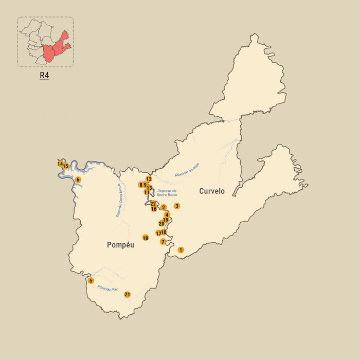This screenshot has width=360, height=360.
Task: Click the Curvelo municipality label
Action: pos(212,191)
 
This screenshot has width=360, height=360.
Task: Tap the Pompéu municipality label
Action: pos(120,245)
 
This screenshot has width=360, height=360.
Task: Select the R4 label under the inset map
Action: pos(45,75)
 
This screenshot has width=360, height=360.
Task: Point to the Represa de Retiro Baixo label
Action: pos(167,193)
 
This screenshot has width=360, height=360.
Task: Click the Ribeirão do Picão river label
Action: pos(187,170)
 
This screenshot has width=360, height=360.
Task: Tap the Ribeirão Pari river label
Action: pos(108,289)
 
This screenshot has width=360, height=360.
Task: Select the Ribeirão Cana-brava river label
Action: pos(119,200)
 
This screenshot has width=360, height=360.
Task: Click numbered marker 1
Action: pos(181,250)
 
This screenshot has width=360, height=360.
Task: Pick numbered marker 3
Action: pos(177,206)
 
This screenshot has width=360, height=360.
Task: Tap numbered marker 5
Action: pos(91,281)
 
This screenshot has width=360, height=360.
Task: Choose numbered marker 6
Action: pos(78,179)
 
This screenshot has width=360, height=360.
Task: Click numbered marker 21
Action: pos(127,295)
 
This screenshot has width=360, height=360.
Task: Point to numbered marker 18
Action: pos(146,238)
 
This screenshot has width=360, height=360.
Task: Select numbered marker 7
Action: pos(163,242)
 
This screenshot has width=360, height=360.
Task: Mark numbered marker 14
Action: pos(60,164)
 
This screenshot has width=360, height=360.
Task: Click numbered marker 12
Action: pos(149,179)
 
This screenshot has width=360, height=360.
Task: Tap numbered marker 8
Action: pos(140,185)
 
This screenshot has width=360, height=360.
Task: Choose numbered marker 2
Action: pos(164,208)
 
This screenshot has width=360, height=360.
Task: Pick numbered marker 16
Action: pos(154,209)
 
